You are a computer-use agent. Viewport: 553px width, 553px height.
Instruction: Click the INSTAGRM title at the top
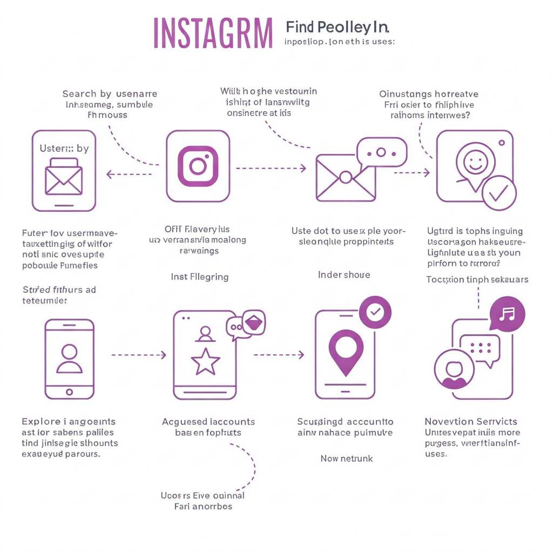click(213, 33)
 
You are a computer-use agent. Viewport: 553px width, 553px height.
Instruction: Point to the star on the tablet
click(205, 362)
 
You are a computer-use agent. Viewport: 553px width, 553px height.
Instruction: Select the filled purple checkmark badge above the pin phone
click(375, 312)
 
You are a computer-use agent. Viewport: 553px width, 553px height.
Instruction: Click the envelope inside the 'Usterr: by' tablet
click(64, 177)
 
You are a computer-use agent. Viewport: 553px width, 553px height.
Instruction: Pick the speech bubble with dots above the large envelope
click(381, 152)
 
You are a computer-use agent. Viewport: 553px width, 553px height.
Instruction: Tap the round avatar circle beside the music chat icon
click(454, 369)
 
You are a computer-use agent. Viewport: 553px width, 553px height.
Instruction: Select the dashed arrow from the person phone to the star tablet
click(139, 355)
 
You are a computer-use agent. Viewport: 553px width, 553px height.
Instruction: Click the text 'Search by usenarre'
click(110, 94)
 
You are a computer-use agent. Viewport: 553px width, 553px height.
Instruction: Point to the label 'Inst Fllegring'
click(200, 277)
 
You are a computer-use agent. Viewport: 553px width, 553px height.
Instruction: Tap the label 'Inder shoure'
click(344, 275)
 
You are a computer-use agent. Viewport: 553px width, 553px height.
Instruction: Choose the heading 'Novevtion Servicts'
click(470, 421)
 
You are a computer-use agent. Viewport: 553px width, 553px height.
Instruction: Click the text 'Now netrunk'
click(347, 458)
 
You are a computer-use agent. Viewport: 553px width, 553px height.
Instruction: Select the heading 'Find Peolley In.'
click(337, 26)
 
